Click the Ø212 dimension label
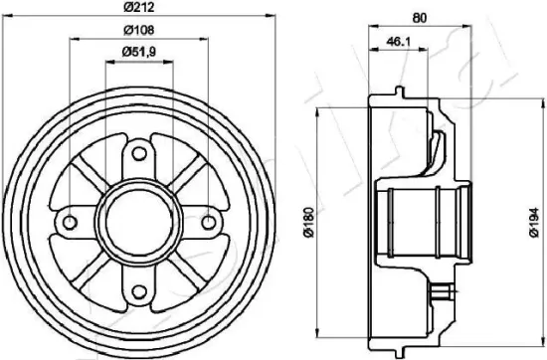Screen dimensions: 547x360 coord(139,7)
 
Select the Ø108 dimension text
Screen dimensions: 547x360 coord(139,30)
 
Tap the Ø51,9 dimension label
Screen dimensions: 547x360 coord(139,52)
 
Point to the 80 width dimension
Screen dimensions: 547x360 coord(420,18)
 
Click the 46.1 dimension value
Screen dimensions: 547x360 coord(399,42)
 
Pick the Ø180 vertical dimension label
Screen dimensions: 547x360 coord(309,222)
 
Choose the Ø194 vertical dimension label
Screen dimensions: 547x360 coord(534,222)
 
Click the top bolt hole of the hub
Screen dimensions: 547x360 coord(139,153)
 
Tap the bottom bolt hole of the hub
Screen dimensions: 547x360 coord(139,291)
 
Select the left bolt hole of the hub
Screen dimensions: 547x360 coord(71,222)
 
